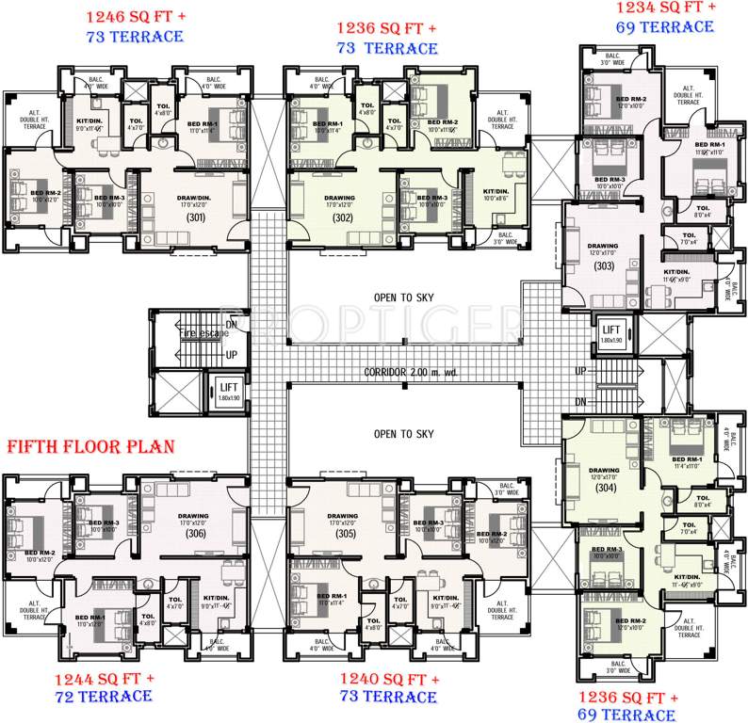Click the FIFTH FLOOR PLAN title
pyautogui.click(x=90, y=446)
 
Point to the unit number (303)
pyautogui.click(x=603, y=266)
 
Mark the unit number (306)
pyautogui.click(x=195, y=534)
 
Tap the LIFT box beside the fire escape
pyautogui.click(x=229, y=389)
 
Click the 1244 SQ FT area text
pyautogui.click(x=104, y=678)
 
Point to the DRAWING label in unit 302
pyautogui.click(x=340, y=199)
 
